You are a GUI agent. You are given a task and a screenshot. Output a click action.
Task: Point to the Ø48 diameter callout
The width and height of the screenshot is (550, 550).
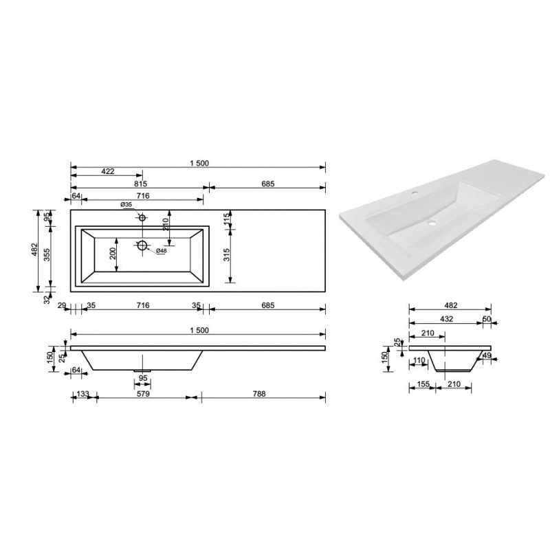162,250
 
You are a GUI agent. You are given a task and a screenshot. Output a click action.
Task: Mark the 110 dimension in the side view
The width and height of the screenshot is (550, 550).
420,360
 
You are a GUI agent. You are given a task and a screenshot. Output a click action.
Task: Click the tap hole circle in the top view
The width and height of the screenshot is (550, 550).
143,218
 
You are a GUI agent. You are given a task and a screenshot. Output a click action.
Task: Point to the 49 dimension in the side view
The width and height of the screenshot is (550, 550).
486,355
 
